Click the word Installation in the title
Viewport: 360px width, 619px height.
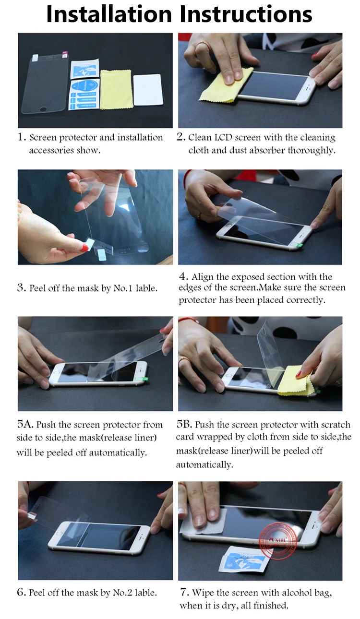pyautogui.click(x=109, y=14)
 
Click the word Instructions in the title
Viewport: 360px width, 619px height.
pyautogui.click(x=246, y=14)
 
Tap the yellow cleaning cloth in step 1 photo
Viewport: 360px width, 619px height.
pyautogui.click(x=116, y=90)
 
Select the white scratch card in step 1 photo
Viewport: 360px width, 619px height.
pyautogui.click(x=148, y=90)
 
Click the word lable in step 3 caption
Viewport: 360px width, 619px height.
pyautogui.click(x=146, y=288)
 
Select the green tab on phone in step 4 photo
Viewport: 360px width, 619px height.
pyautogui.click(x=297, y=244)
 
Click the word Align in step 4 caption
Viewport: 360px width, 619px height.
pyautogui.click(x=203, y=277)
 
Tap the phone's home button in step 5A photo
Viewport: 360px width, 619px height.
pyautogui.click(x=57, y=373)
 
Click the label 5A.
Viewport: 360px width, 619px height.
pyautogui.click(x=25, y=424)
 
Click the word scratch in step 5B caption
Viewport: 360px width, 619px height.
pyautogui.click(x=335, y=425)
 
